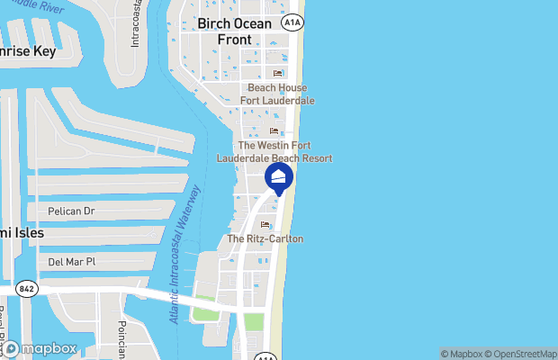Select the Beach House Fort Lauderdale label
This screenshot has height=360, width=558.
277,94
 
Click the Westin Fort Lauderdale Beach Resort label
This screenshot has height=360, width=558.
274,151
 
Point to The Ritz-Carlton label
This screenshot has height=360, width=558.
265,238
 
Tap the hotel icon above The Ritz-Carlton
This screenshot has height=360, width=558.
265,225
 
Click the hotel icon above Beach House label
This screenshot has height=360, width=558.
277,74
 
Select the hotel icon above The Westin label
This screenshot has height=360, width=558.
274,131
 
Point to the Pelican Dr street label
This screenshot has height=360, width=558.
71,211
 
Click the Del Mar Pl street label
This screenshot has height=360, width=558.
71,262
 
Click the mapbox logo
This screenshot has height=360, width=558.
40,347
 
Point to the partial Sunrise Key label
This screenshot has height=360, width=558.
27,51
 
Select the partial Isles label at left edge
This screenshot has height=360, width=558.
21,232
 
